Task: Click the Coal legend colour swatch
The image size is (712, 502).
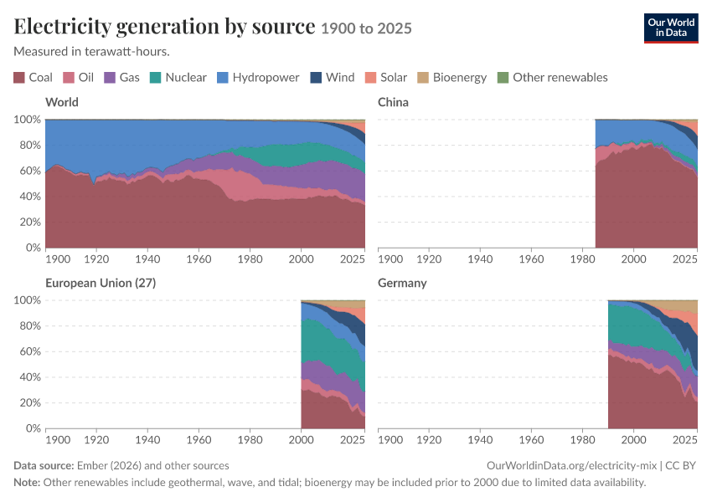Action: point(19,78)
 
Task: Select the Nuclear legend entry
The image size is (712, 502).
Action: point(178,78)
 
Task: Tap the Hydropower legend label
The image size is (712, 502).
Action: point(266,78)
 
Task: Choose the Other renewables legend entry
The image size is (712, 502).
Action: point(552,78)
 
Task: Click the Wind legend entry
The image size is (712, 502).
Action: point(333,78)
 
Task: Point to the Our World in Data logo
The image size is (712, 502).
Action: point(671,28)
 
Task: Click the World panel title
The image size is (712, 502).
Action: point(62,102)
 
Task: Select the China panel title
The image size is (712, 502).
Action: point(393,102)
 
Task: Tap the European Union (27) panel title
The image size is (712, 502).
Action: point(101,283)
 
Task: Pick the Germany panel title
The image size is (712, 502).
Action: point(402,283)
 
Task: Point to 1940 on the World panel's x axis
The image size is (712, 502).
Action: point(147,259)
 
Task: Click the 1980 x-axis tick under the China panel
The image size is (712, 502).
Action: point(583,259)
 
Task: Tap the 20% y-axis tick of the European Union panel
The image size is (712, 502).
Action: point(30,402)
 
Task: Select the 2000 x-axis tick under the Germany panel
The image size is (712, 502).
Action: point(633,440)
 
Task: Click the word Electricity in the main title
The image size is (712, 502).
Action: point(62,26)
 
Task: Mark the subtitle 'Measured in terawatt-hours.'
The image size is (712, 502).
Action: point(92,52)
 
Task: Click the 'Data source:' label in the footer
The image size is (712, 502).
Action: point(44,466)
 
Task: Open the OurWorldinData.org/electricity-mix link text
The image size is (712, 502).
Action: point(571,466)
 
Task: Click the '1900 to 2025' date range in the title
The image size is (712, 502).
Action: point(366,28)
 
